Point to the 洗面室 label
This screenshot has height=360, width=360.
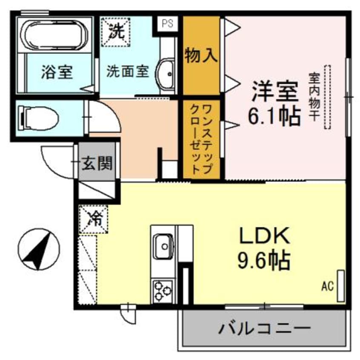(x=127, y=71)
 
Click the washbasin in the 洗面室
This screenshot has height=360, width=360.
(x=167, y=74)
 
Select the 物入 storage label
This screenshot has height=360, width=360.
(x=202, y=56)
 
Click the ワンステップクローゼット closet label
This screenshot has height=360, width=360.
(x=202, y=138)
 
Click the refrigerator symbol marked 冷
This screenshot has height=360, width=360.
(x=94, y=219)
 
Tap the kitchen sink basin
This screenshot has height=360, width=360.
(x=163, y=246)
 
